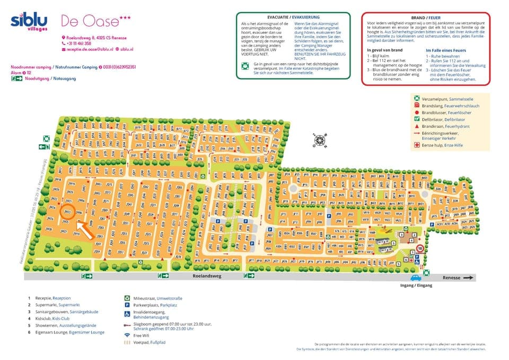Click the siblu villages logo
click(x=29, y=22)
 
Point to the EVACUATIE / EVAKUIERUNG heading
click(x=293, y=17)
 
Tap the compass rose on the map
click(x=320, y=141)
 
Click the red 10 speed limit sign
click(x=420, y=248)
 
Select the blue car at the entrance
click(x=415, y=277)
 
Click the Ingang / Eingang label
click(x=417, y=286)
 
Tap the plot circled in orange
click(x=67, y=212)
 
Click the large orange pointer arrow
click(x=84, y=229)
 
